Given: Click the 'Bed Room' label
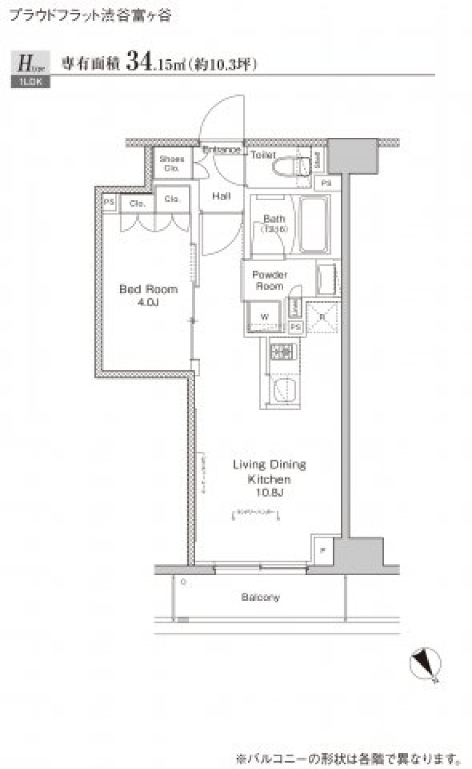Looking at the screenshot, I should pos(148,289).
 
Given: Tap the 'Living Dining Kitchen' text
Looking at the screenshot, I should pos(269,471).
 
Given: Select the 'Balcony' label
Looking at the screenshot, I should pos(260,597).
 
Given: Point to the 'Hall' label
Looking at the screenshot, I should pos(221,196).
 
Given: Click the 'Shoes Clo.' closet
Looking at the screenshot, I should pos(172,163).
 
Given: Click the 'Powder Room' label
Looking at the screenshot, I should pos(269,280).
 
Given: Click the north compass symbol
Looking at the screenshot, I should pos(425,664).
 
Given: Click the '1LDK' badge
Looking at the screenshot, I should pos(30,82).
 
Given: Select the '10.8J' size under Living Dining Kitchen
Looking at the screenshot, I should pos(269,492).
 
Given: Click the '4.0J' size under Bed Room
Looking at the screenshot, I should pos(148,302).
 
